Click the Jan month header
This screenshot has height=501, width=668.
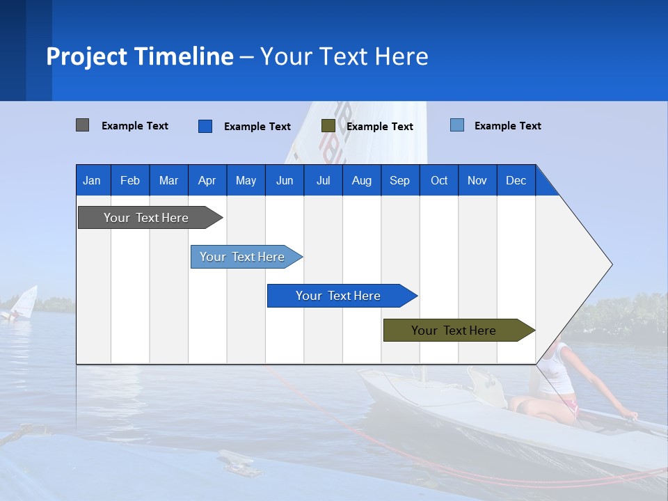pos(92,180)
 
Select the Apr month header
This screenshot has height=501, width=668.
pos(207,180)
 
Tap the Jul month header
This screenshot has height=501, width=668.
pos(323,180)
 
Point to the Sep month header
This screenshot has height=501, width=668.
pos(399,180)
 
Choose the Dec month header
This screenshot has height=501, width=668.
pos(516,180)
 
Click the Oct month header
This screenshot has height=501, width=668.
pos(439,180)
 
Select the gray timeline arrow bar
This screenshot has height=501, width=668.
pos(146,218)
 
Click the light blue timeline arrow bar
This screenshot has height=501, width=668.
pos(242,257)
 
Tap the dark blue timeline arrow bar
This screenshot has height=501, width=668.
pos(338,296)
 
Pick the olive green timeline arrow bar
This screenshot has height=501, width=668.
pos(454,331)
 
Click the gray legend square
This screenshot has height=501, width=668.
pos(82,125)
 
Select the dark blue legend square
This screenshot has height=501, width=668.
pos(205,126)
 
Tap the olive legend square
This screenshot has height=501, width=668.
pos(328,126)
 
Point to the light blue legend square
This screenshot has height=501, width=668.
pos(456,125)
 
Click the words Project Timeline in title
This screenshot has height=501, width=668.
pos(139,56)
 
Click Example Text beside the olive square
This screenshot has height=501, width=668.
pos(379,127)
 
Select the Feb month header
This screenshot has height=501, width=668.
pos(129,180)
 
